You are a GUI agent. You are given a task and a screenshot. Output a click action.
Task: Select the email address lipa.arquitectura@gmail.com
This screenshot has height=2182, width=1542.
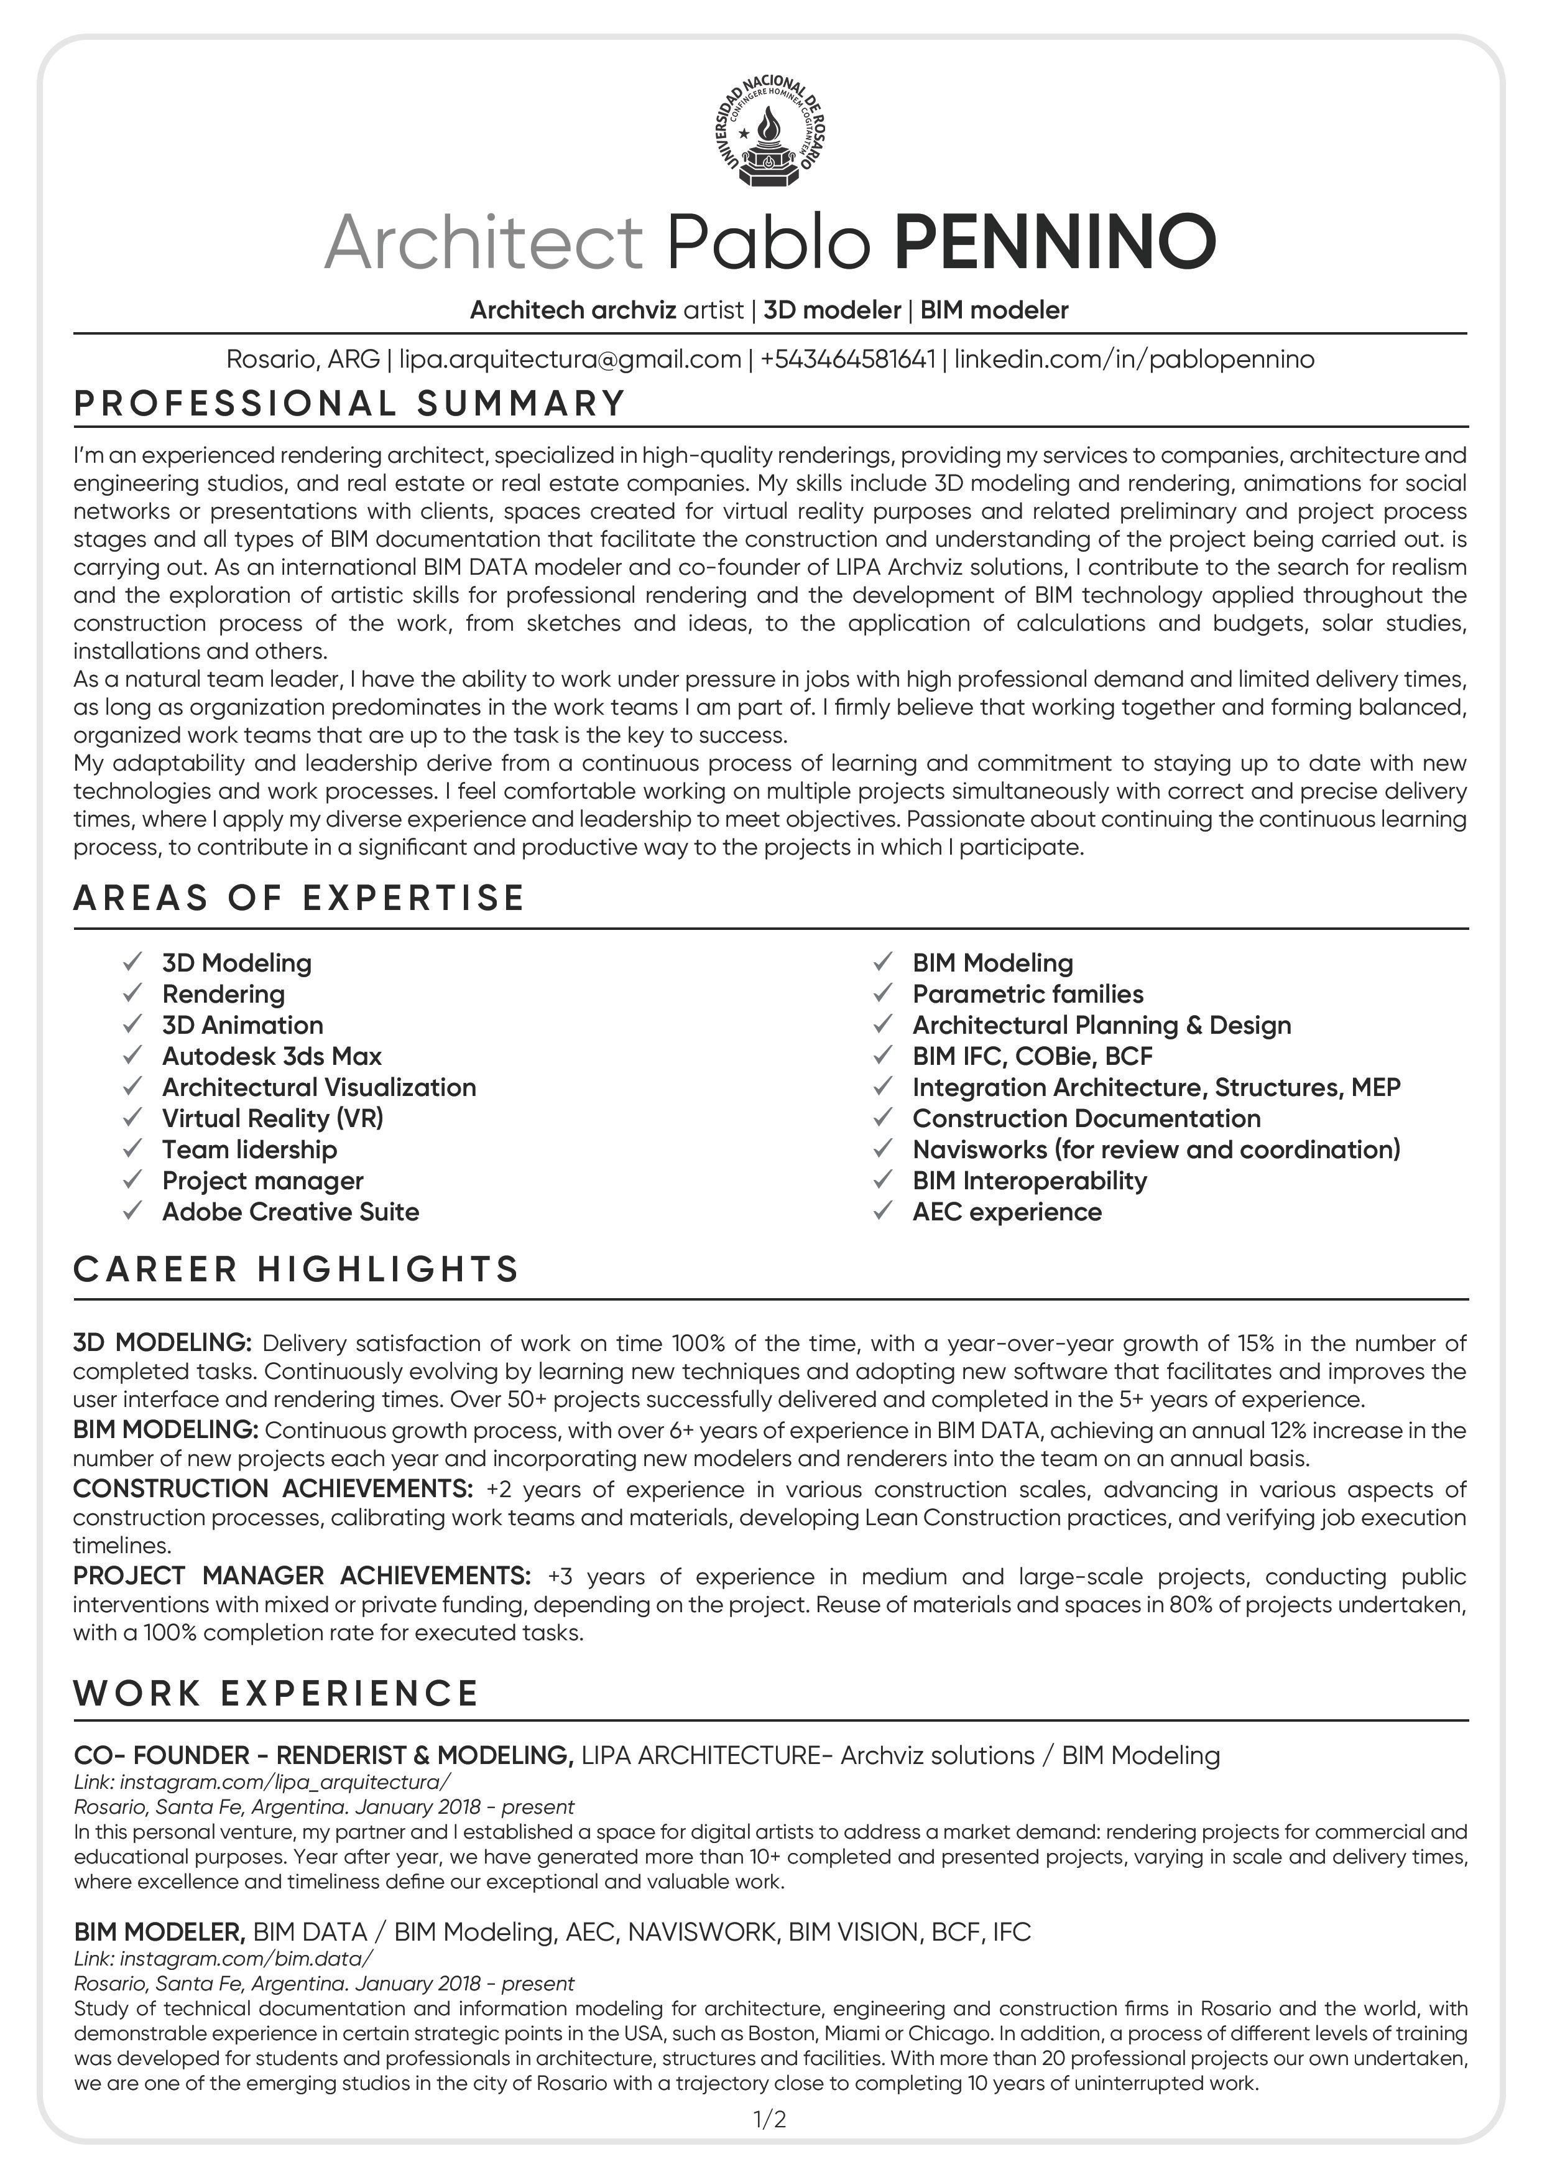pyautogui.click(x=570, y=360)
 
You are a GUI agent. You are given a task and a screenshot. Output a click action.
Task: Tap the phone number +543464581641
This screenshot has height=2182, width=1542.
pyautogui.click(x=847, y=360)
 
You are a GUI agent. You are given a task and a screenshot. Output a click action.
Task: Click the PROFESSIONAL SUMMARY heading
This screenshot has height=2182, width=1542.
pyautogui.click(x=349, y=404)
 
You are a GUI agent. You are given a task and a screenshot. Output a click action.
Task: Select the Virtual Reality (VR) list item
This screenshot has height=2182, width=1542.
pyautogui.click(x=273, y=1118)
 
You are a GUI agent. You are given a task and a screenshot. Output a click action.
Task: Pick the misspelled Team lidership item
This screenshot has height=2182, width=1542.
pyautogui.click(x=249, y=1150)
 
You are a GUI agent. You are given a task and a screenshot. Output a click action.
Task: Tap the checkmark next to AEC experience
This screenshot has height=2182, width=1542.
pyautogui.click(x=884, y=1212)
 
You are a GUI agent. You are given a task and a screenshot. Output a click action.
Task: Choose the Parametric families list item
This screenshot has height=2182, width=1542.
pyautogui.click(x=1028, y=994)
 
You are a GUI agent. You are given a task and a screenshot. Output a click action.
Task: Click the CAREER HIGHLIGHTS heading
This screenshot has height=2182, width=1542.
pyautogui.click(x=297, y=1270)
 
